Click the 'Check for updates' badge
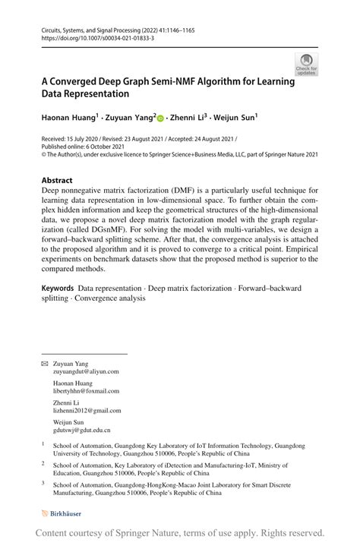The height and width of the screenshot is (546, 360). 306,65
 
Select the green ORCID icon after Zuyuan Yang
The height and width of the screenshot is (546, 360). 161,118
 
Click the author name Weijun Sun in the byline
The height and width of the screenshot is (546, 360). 235,117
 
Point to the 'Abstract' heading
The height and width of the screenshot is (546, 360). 58,181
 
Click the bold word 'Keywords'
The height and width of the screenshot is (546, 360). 58,288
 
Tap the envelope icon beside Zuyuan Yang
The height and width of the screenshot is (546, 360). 44,364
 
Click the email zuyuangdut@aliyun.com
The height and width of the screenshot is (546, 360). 86,371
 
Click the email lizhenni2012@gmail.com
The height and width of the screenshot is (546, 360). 87,411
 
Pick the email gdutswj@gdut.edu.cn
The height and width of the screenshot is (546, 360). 81,431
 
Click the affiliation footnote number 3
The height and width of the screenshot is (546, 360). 43,481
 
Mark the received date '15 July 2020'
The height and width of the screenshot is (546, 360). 85,140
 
